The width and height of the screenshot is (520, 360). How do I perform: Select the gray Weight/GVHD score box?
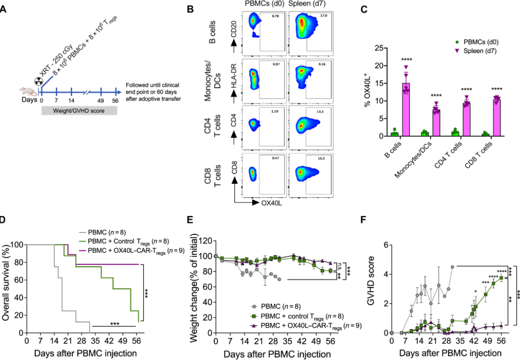79,111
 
